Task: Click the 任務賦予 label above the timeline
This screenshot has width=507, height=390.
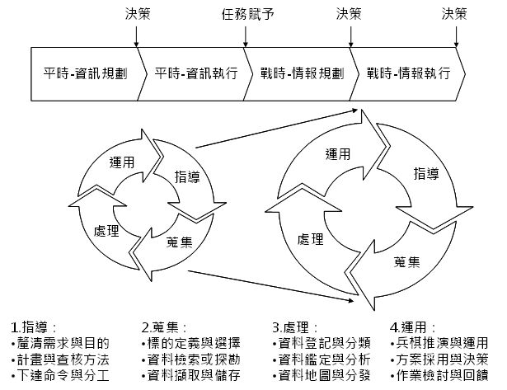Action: pos(245,13)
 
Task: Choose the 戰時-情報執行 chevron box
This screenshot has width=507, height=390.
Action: pos(408,73)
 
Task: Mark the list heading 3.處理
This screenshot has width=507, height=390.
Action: pos(295,327)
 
